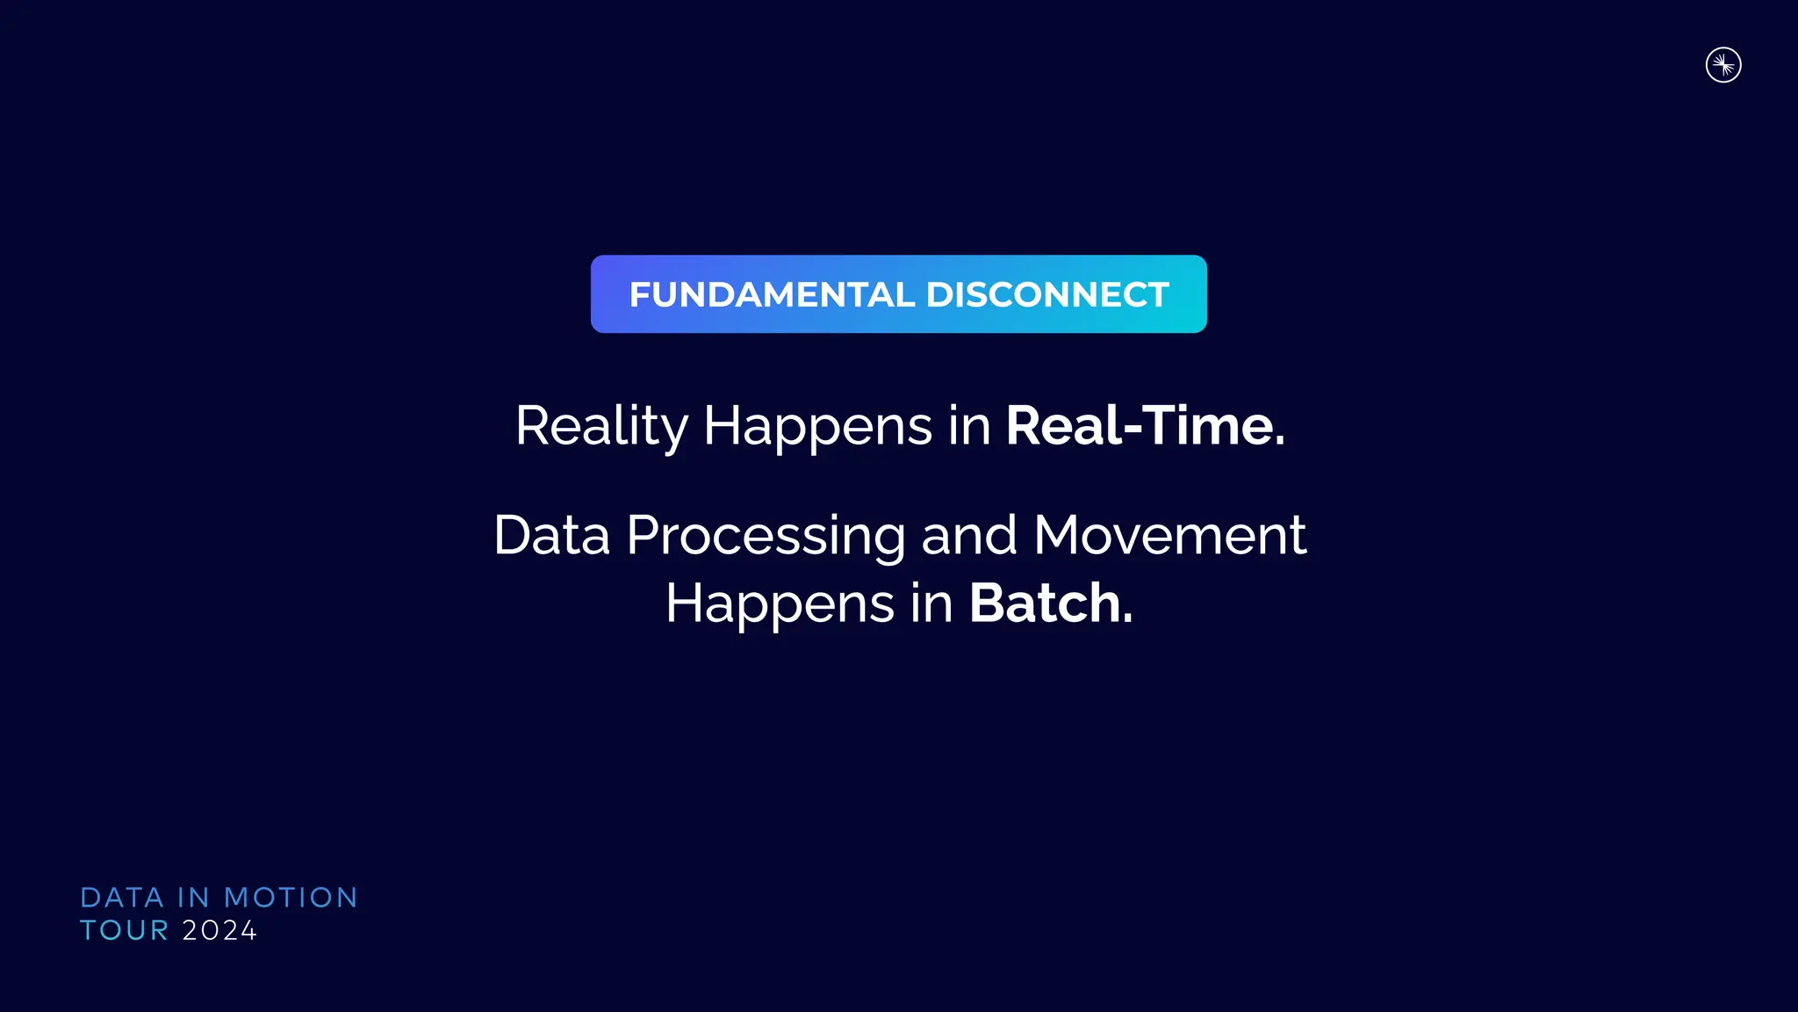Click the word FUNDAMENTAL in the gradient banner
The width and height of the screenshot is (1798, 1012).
772,295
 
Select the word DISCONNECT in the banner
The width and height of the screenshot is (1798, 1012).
1047,295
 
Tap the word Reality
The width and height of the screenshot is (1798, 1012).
601,427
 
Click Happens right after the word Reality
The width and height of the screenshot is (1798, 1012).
818,427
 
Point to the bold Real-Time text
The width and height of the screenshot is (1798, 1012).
1145,426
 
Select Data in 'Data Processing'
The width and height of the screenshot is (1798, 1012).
551,535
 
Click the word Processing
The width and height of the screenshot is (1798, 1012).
766,537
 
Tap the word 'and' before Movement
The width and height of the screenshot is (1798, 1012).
969,535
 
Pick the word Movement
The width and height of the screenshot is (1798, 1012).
1169,535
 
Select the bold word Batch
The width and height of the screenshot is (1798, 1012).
1045,604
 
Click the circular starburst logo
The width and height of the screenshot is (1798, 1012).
1723,65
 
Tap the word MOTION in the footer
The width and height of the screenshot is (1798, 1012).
291,898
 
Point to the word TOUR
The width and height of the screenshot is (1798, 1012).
124,930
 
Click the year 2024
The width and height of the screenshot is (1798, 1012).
219,930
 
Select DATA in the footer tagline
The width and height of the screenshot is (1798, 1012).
122,898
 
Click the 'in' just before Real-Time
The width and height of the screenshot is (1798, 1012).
969,427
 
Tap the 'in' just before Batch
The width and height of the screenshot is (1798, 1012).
931,604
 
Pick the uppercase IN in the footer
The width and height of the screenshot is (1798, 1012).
193,898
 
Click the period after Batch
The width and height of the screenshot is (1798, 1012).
1128,620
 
